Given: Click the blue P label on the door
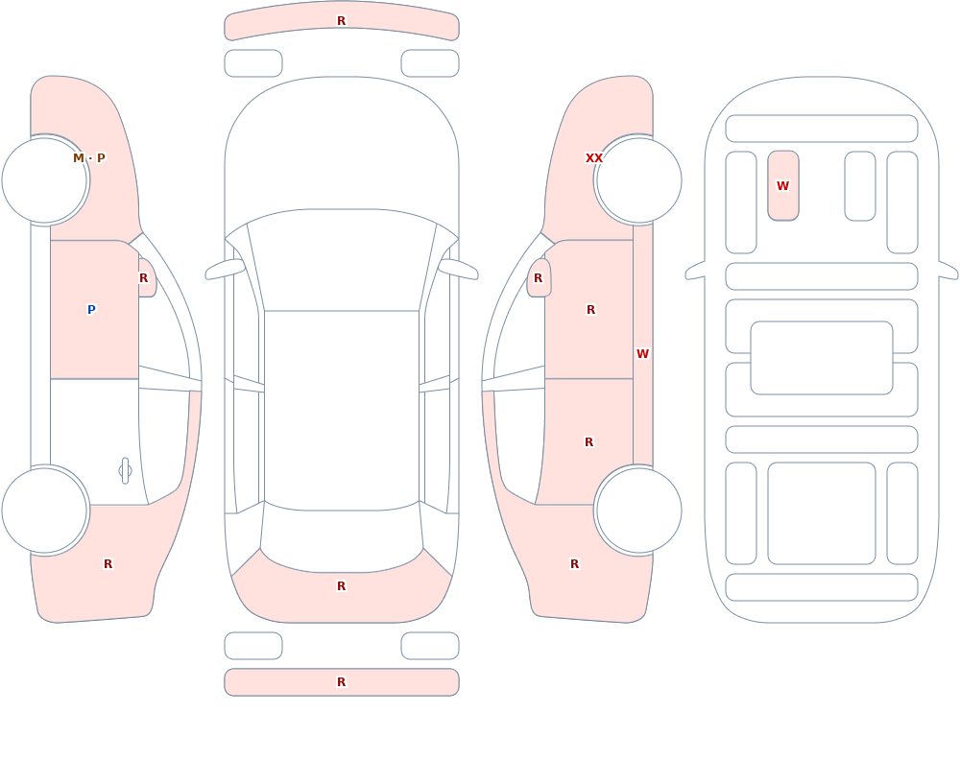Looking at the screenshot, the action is tap(91, 310).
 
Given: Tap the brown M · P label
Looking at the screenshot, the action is tap(89, 158).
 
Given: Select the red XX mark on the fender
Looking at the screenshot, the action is tap(594, 158).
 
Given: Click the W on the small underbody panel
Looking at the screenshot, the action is tap(782, 185).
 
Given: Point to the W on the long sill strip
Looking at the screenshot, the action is tap(642, 354).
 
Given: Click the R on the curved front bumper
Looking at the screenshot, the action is tap(342, 21).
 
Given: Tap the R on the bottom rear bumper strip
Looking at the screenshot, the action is tap(342, 682).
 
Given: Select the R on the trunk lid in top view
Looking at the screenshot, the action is tap(342, 586).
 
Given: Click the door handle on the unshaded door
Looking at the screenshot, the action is tap(125, 471).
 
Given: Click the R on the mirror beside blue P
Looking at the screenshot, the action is tap(143, 278).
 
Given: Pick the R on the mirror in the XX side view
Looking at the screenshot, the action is tap(539, 278).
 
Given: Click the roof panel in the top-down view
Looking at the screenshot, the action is tap(342, 410).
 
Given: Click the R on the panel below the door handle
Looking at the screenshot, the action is tap(108, 564).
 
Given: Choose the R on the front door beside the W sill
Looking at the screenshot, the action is tap(590, 310).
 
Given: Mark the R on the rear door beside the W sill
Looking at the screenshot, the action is tap(589, 442).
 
